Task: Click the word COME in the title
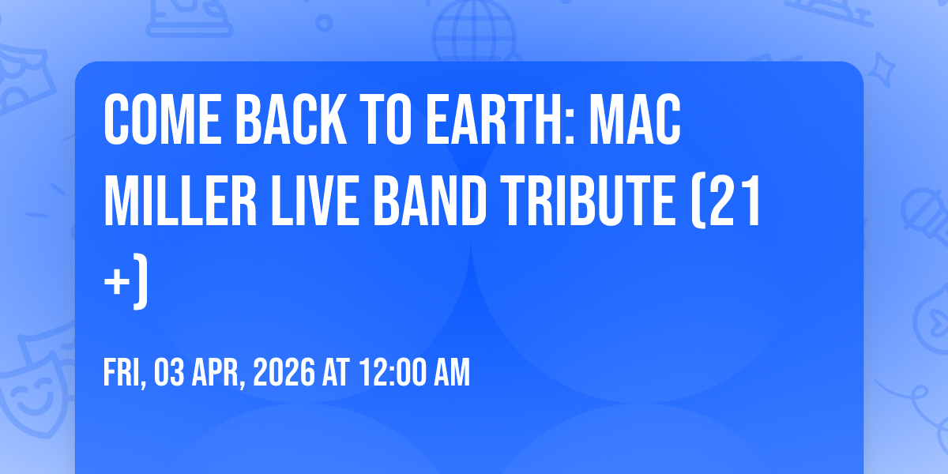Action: pyautogui.click(x=163, y=119)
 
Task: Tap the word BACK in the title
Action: pyautogui.click(x=291, y=119)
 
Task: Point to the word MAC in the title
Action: pyautogui.click(x=635, y=119)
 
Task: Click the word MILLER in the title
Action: pyautogui.click(x=180, y=201)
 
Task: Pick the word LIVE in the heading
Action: pyautogui.click(x=314, y=201)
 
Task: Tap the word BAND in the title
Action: pyautogui.click(x=430, y=201)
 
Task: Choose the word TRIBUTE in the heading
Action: pyautogui.click(x=589, y=201)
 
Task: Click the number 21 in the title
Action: pyautogui.click(x=735, y=201)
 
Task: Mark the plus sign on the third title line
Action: pyautogui.click(x=117, y=283)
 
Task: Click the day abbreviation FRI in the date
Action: pyautogui.click(x=122, y=372)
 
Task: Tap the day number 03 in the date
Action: pyautogui.click(x=169, y=372)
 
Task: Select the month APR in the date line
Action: pyautogui.click(x=216, y=372)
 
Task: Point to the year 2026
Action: pyautogui.click(x=284, y=372)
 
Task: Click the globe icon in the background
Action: pyautogui.click(x=474, y=31)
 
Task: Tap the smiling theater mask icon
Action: pyautogui.click(x=35, y=389)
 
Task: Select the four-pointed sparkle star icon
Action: pyautogui.click(x=881, y=70)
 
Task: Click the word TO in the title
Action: pyautogui.click(x=386, y=119)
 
